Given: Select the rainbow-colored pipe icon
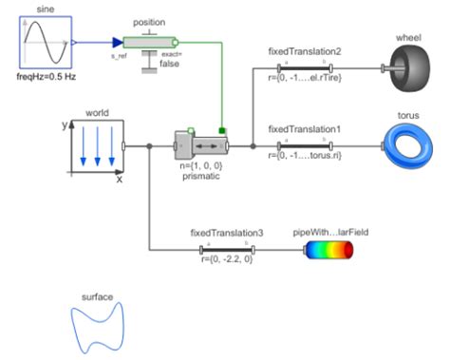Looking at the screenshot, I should click(328, 250).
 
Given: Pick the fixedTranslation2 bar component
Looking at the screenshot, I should click(302, 67).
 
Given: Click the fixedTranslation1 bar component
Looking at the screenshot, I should click(302, 145).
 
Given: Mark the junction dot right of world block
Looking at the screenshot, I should click(149, 146).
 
